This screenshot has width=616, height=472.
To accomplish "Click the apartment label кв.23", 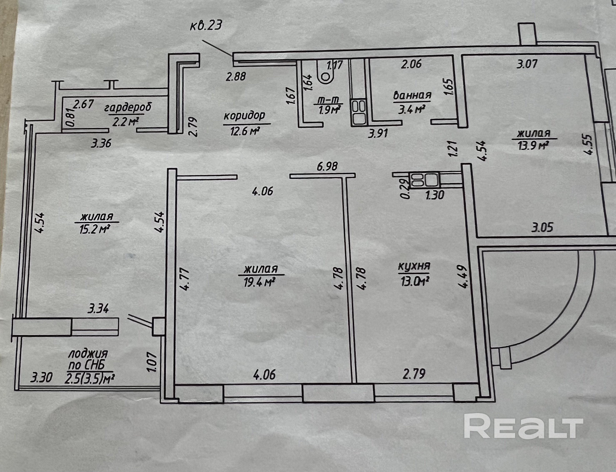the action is point(206,25).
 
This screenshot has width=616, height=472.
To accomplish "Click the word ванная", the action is point(412,95).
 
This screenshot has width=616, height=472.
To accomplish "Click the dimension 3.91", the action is point(378,133).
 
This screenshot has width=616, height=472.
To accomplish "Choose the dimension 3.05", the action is point(542,227).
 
